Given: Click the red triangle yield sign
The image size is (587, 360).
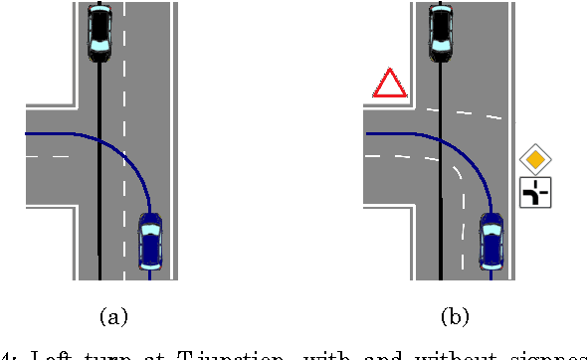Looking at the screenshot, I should pos(389,85).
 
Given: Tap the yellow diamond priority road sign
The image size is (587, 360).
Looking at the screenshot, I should pos(535,158).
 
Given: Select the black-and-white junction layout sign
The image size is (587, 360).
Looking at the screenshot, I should pos(535,192).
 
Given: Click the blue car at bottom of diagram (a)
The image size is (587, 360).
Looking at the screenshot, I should pos(150,242).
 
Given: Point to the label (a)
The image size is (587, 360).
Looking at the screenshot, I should pos(114,317).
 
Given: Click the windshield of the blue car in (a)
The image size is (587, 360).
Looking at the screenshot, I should pos(150,230).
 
